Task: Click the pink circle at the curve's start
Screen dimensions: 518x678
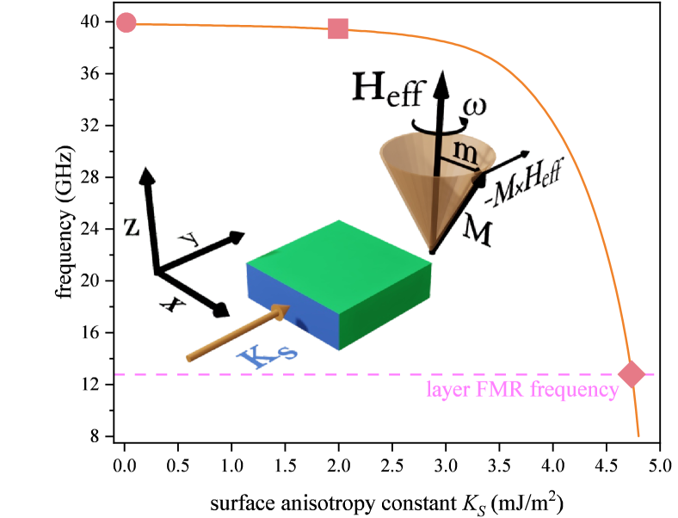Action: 126,23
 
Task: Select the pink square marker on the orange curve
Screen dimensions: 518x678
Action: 338,28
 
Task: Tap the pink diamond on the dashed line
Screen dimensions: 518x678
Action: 632,374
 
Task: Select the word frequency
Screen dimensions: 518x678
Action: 574,391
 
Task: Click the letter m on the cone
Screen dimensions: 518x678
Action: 465,152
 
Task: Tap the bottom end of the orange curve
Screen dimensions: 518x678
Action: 638,435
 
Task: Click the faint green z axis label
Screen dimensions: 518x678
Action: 131,226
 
